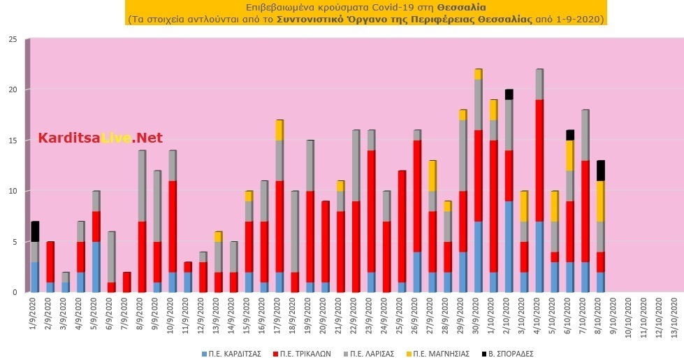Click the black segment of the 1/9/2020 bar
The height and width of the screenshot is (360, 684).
(35, 231)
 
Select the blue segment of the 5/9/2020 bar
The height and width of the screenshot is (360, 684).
(96, 267)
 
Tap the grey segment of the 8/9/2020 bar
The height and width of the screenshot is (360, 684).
(142, 186)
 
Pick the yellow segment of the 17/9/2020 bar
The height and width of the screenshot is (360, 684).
(279, 130)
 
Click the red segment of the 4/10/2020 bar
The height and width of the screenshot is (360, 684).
(539, 161)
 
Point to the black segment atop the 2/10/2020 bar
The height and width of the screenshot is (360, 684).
(509, 94)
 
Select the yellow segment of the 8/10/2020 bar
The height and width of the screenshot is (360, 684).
(600, 201)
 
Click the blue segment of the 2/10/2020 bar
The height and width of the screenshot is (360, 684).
(509, 247)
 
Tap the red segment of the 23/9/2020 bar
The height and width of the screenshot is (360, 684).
(371, 211)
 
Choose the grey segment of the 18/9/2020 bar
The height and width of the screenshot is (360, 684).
(295, 231)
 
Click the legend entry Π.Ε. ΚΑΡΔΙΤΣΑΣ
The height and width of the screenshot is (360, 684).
(231, 354)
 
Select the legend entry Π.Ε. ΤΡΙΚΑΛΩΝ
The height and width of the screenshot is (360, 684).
(301, 354)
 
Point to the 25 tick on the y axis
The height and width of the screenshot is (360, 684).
(13, 40)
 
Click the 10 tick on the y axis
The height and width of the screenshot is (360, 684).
(13, 191)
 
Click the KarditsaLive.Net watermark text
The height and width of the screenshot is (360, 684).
(101, 138)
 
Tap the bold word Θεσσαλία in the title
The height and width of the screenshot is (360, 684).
(462, 8)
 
